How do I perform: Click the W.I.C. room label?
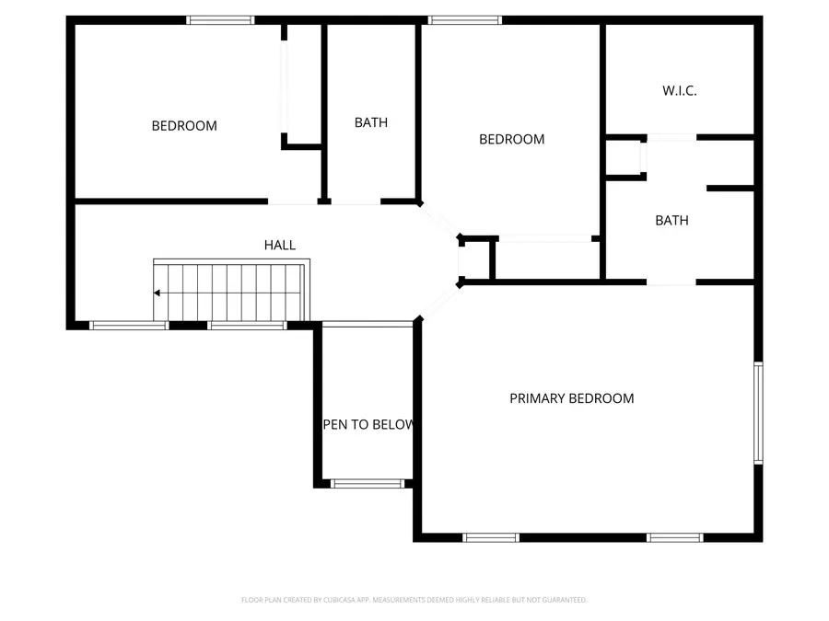pos(679,90)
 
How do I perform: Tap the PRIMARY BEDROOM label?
pos(571,398)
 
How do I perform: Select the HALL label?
pos(280,245)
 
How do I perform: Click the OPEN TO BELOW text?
pos(368,425)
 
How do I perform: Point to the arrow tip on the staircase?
pos(157,293)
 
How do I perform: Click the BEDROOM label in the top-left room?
pos(184,125)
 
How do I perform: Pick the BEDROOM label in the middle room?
pos(511,139)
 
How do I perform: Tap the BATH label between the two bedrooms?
pos(371,121)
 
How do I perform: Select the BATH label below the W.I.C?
pos(671,220)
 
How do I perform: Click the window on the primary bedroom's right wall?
pos(758,411)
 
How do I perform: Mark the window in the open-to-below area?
pos(368,482)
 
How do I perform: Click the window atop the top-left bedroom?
pos(221,19)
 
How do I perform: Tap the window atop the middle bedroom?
pos(465,19)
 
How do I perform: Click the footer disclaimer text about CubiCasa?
pos(414,600)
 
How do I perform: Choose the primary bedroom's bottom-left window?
pos(491,537)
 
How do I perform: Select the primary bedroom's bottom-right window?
pos(674,537)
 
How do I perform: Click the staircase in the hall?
pos(230,291)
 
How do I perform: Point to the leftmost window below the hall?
pos(129,325)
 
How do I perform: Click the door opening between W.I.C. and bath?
pos(671,137)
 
